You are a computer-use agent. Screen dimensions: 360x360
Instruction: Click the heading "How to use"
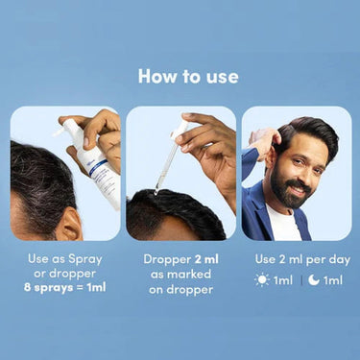pos(188,77)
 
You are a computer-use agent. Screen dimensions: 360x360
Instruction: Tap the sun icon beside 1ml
pos(262,280)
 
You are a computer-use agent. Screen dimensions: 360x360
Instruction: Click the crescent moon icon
pos(314,280)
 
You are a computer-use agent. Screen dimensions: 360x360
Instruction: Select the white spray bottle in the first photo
pos(93,160)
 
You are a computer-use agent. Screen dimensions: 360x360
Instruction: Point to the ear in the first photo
pos(71,224)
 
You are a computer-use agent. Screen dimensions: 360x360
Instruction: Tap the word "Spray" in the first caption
pos(84,259)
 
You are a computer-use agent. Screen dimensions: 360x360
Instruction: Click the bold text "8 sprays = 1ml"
pos(65,287)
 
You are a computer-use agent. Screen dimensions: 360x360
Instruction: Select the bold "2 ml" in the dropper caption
pos(206,259)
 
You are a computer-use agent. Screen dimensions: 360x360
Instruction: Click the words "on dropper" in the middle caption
pos(180,290)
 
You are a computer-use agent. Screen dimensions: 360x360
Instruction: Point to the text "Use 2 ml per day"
pos(302,259)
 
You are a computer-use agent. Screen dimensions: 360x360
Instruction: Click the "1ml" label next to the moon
pos(333,280)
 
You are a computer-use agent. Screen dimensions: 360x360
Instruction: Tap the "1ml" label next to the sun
pos(283,280)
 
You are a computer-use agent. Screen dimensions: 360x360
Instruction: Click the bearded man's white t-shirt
pos(284,224)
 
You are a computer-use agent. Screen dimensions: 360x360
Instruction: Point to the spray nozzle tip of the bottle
pos(55,132)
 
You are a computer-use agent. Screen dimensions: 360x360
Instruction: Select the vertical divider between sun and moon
pos(300,280)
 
